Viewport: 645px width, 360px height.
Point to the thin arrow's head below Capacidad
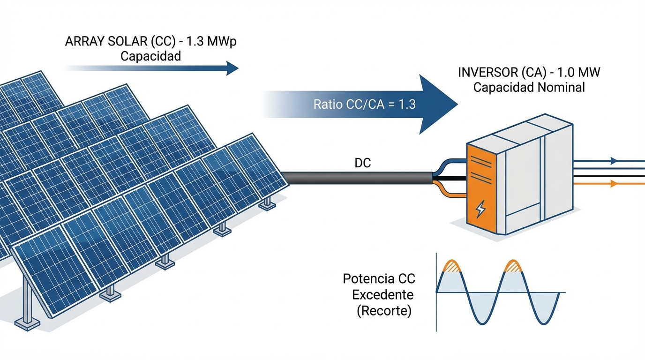coord(233,68)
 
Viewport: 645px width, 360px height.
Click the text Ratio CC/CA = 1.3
coord(364,104)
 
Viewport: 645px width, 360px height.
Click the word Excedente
coord(382,295)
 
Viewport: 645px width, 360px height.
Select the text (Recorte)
coord(383,311)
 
